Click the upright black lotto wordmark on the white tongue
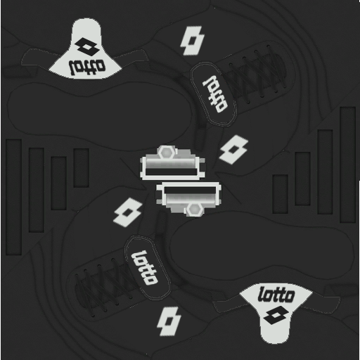pos(276,295)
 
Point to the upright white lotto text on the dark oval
pos(144,268)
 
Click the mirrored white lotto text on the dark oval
pos(215,94)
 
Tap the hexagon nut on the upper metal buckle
pos(166,153)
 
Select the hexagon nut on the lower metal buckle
pos(194,209)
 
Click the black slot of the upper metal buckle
pos(171,172)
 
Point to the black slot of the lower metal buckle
pos(189,190)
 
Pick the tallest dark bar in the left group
pos(13,197)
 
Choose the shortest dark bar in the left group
pos(81,168)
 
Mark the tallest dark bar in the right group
pos(348,165)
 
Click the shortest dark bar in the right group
pos(281,194)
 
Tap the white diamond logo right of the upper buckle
pos(233,149)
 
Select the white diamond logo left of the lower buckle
pos(128,212)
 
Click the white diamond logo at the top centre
pos(193,41)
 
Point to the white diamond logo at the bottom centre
pos(169,321)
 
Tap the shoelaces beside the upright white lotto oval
pos(103,288)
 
